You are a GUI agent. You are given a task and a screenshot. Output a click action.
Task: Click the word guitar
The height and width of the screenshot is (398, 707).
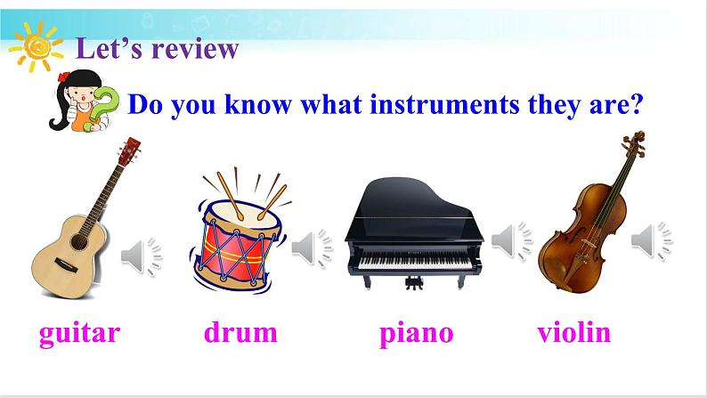click(x=80, y=334)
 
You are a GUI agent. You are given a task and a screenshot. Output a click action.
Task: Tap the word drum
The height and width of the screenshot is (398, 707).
click(x=240, y=333)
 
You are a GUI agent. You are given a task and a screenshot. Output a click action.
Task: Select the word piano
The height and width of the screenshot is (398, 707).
click(x=416, y=335)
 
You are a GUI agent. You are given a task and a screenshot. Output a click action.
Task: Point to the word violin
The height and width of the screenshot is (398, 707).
click(x=574, y=332)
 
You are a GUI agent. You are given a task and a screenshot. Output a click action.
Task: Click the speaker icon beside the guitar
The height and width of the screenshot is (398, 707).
click(x=141, y=256)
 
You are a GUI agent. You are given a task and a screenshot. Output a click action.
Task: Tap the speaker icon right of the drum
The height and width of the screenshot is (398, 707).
click(x=312, y=248)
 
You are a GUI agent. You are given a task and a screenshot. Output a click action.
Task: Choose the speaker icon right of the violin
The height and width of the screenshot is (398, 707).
click(x=652, y=240)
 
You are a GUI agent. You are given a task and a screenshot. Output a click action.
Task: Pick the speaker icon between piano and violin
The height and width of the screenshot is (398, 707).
click(x=512, y=240)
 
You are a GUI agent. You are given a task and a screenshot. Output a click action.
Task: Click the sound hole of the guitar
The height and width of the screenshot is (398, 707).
click(x=79, y=242)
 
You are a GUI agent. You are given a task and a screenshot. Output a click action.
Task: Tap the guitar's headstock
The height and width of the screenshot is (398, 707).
click(x=129, y=151)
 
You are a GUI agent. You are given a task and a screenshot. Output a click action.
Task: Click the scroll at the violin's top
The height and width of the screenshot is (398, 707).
click(x=635, y=142)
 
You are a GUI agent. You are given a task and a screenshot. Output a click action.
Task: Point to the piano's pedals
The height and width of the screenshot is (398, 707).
click(x=414, y=283)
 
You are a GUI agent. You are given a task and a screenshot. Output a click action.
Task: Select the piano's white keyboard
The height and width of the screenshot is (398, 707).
click(x=414, y=262)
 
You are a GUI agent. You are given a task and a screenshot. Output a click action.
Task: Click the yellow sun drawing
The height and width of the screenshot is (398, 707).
click(x=37, y=47)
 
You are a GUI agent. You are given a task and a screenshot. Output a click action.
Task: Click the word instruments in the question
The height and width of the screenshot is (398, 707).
click(x=444, y=104)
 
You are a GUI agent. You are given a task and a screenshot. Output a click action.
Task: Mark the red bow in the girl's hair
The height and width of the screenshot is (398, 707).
click(x=63, y=77)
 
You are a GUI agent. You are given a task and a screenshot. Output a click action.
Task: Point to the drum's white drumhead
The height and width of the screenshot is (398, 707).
click(x=243, y=214)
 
